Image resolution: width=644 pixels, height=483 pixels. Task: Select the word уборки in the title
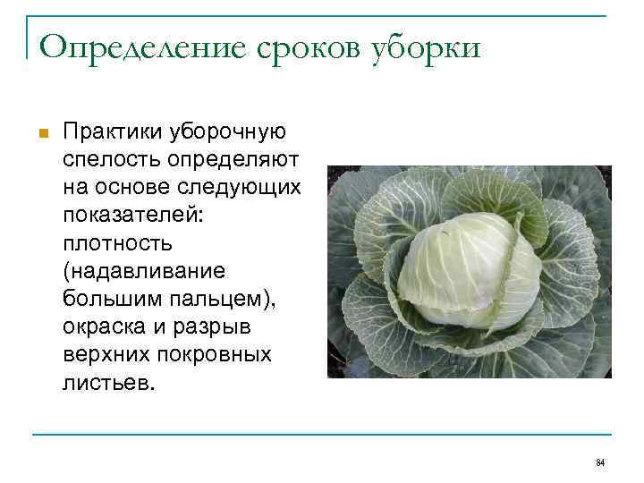click(x=420, y=47)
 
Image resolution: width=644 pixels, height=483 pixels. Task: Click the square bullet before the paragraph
click(x=41, y=133)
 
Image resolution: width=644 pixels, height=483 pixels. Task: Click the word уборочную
click(x=228, y=132)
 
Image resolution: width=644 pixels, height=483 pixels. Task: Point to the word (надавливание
click(x=143, y=271)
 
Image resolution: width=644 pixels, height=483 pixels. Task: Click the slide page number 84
click(x=600, y=462)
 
